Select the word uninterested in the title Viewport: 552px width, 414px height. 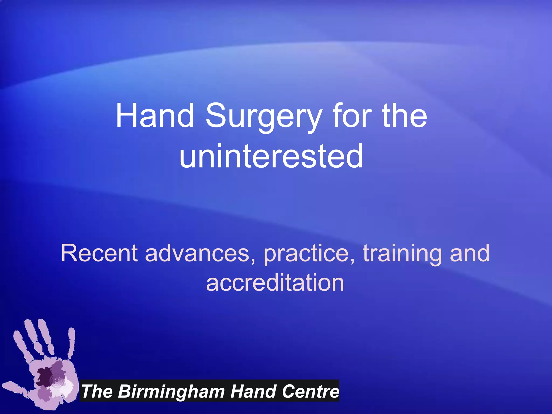[271, 156]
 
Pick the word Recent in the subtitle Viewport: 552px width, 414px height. [99, 253]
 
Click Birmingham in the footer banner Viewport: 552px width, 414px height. [171, 391]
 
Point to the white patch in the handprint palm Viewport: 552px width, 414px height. [66, 388]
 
